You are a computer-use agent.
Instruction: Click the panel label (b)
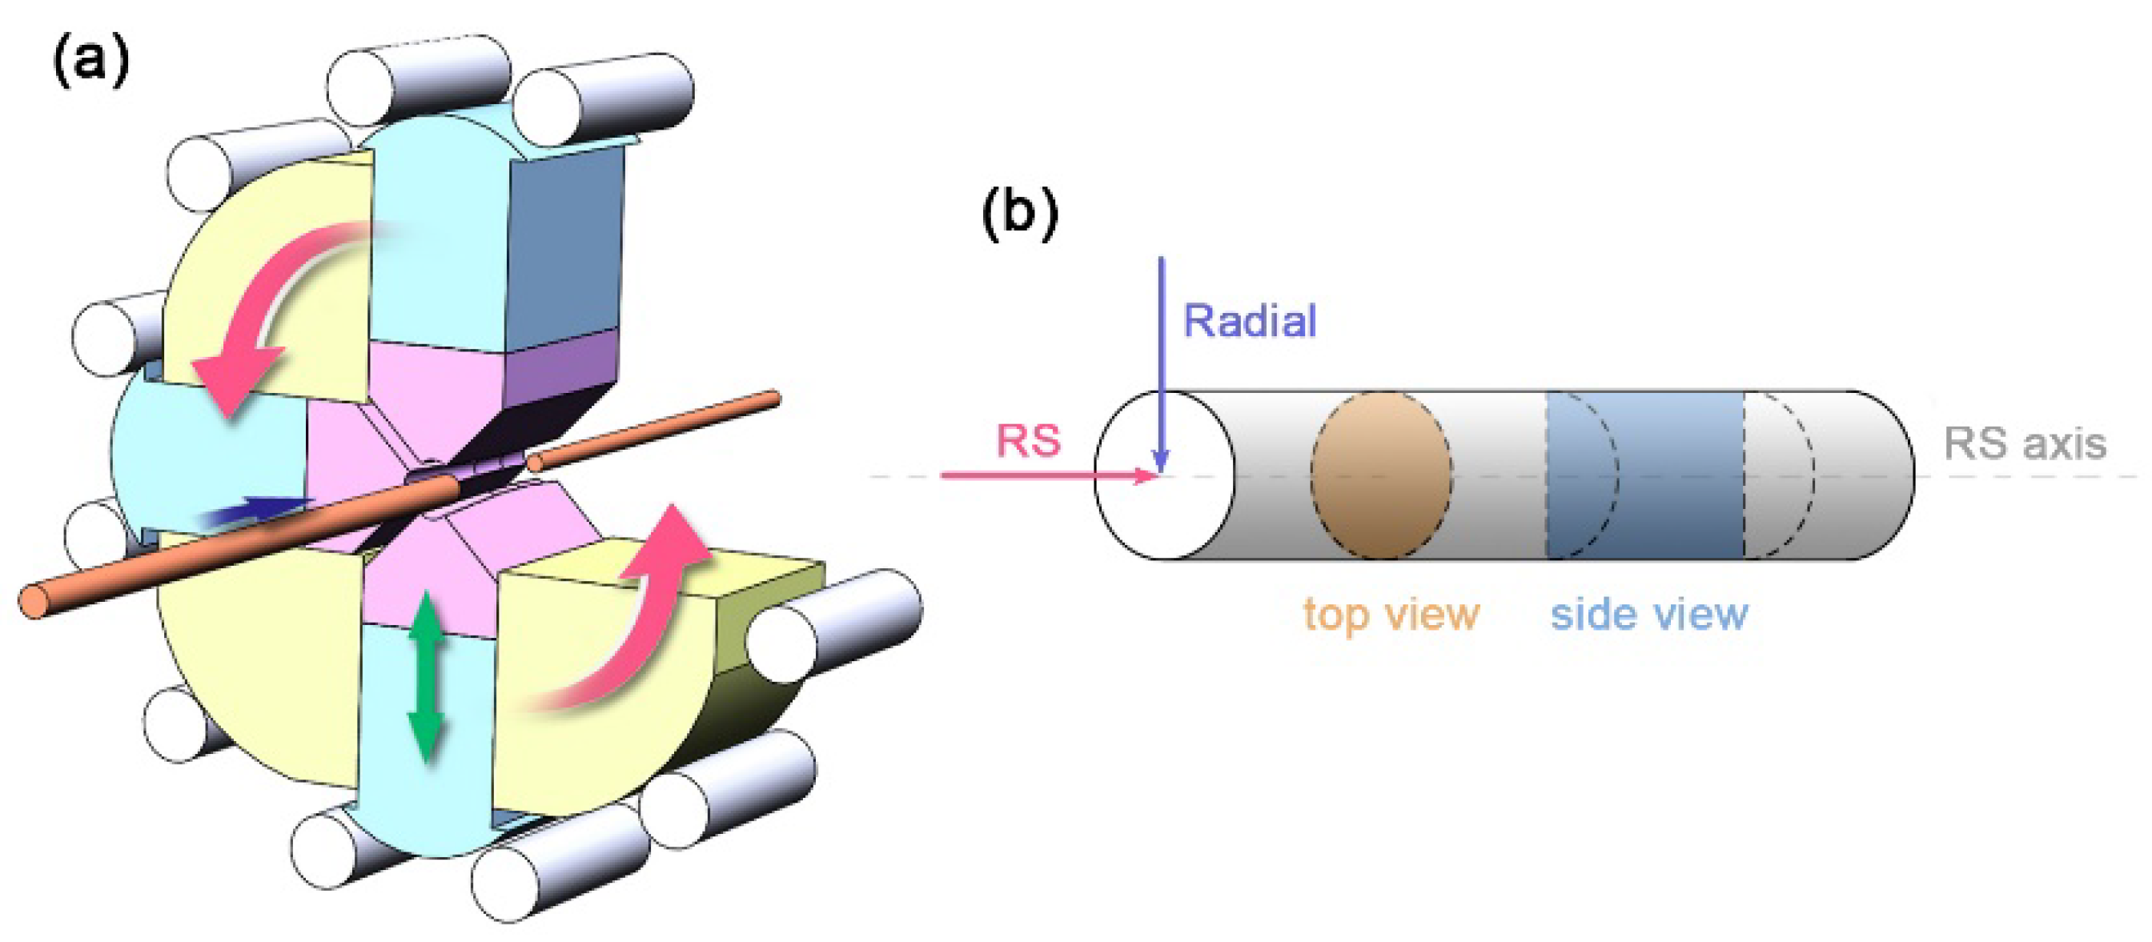pyautogui.click(x=1019, y=214)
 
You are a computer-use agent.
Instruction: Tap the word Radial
pyautogui.click(x=1250, y=322)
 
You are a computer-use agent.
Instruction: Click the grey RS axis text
pyautogui.click(x=2024, y=443)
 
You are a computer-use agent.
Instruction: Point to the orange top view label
pyautogui.click(x=1391, y=615)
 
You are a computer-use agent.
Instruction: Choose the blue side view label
pyautogui.click(x=1648, y=615)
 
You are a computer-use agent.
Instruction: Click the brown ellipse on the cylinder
pyautogui.click(x=1380, y=475)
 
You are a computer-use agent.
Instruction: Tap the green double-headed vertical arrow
pyautogui.click(x=427, y=676)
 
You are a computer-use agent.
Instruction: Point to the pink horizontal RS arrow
pyautogui.click(x=1044, y=476)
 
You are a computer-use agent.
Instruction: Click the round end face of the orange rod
pyautogui.click(x=34, y=601)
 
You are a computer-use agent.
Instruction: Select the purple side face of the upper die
pyautogui.click(x=560, y=367)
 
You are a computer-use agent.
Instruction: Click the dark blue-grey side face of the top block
pyautogui.click(x=564, y=251)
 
